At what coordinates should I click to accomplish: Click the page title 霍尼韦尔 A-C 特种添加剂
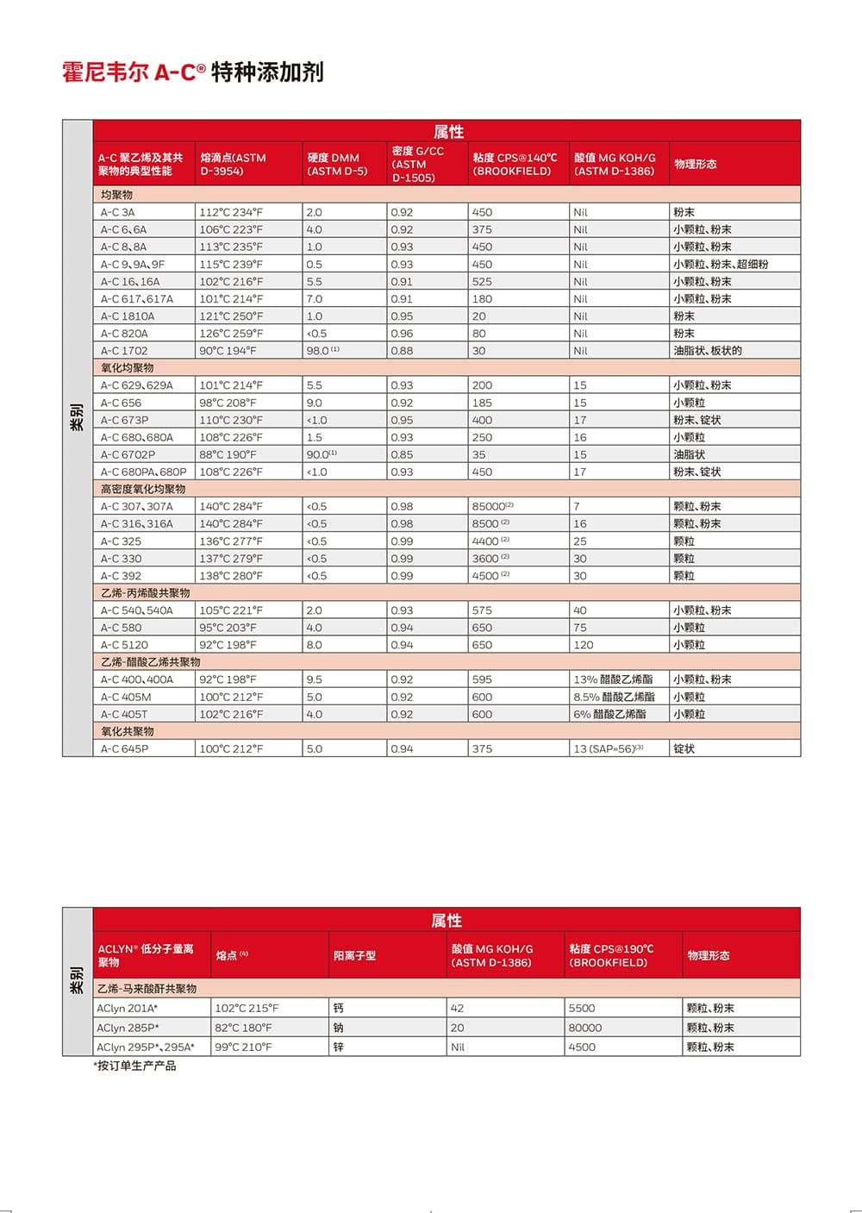coord(192,72)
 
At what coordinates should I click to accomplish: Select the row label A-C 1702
coord(124,351)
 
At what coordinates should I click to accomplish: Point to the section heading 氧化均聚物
coord(128,368)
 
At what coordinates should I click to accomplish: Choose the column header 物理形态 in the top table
coord(696,164)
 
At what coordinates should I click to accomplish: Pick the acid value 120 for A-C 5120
coord(584,645)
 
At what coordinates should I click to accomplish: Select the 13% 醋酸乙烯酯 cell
coord(613,679)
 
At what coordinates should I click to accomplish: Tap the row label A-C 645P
coord(124,749)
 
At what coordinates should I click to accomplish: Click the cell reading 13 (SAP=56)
coord(608,749)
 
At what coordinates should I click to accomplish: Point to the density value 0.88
coord(402,351)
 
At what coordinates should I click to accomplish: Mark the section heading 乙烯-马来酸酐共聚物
coord(147,988)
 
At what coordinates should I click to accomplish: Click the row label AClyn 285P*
coord(128,1028)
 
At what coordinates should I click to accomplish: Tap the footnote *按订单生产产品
coord(134,1066)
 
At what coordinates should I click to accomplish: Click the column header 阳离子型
coord(354,955)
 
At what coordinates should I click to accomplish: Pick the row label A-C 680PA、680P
coord(143,472)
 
